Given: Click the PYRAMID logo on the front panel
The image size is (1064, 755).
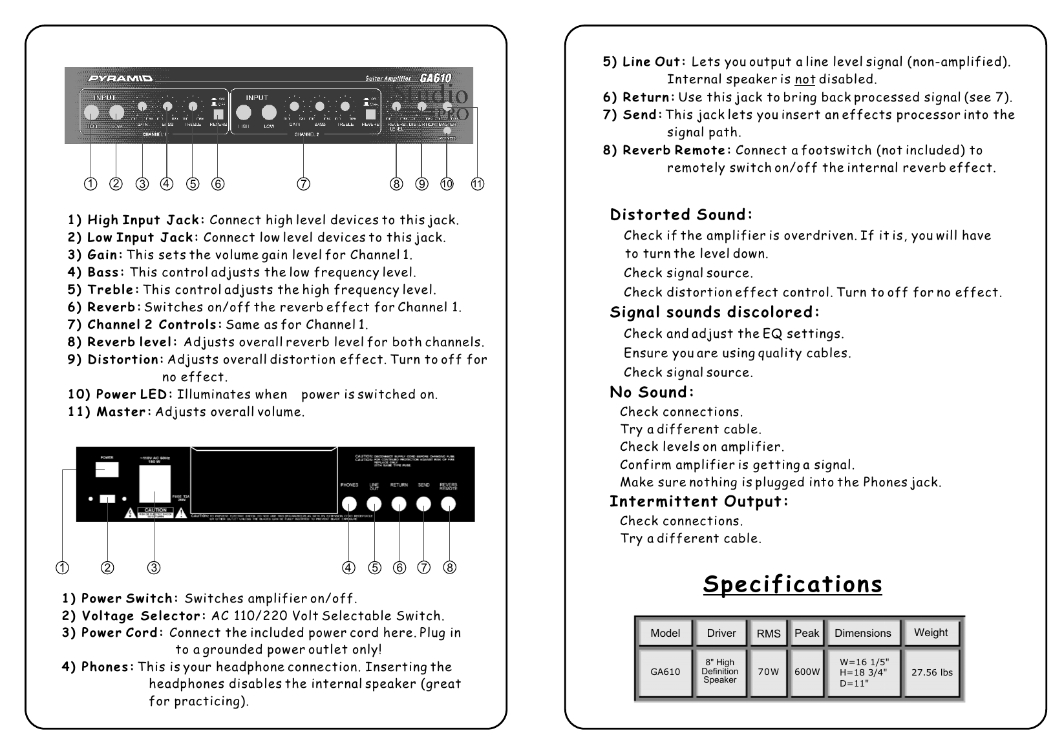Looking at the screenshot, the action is [x=120, y=79].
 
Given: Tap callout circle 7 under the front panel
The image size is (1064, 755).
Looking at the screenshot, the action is [x=303, y=184].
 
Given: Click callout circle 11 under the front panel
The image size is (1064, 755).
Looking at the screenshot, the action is [x=477, y=184].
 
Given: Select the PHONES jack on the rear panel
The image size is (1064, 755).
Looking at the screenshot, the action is [x=349, y=504].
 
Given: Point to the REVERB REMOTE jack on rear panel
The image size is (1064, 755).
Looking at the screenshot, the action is [x=448, y=504].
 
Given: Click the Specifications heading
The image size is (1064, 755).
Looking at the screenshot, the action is [x=793, y=584].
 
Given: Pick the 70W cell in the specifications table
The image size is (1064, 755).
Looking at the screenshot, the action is [x=768, y=672].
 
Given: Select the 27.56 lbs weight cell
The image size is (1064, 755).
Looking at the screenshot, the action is [x=931, y=672].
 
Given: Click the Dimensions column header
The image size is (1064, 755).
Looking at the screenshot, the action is [x=862, y=633].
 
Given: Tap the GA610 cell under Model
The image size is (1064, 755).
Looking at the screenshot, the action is [x=665, y=672].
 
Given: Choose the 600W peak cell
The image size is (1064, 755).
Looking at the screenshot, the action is [x=807, y=672].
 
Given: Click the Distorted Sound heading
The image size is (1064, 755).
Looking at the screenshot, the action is [x=681, y=214].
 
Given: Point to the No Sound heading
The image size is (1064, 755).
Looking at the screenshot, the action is [x=652, y=392].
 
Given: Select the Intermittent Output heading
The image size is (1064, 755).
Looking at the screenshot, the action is [x=699, y=501].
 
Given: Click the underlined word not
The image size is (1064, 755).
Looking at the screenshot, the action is [x=805, y=79].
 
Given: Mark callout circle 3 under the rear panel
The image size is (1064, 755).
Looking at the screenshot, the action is [x=154, y=568].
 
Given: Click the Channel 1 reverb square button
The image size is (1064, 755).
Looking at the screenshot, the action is [x=218, y=114].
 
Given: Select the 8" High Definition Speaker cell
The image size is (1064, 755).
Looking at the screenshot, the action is [x=720, y=672].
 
